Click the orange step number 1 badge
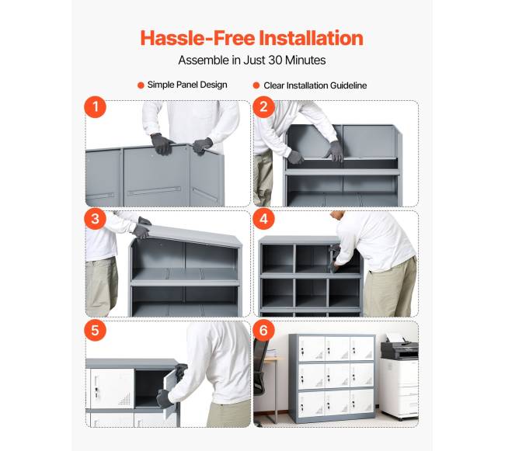click(x=96, y=107)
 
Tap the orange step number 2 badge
click(x=264, y=107)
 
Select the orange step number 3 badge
click(x=96, y=219)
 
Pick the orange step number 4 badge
click(x=264, y=219)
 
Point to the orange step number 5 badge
click(x=96, y=330)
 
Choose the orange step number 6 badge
click(x=264, y=330)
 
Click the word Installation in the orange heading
click(x=311, y=38)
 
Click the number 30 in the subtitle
click(x=275, y=60)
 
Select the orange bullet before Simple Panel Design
click(x=141, y=85)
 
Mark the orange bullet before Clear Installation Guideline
click(x=256, y=85)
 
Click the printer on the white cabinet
click(x=399, y=347)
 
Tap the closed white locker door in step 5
click(x=112, y=388)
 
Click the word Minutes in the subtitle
click(x=305, y=60)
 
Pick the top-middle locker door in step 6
click(x=336, y=349)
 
